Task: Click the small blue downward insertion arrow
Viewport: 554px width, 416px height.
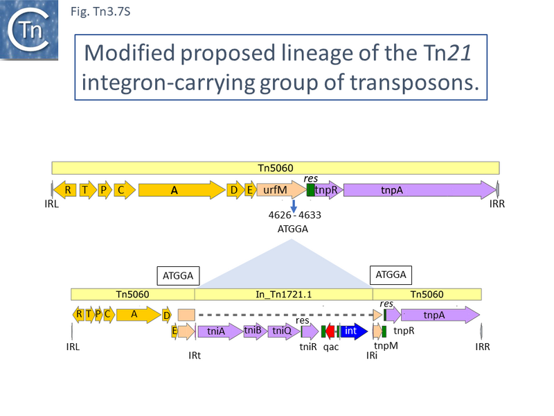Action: click(x=294, y=206)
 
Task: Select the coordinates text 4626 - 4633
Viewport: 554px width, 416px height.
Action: click(x=294, y=215)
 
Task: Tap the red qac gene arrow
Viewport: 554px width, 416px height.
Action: click(x=330, y=331)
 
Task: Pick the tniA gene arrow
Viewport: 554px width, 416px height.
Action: click(x=220, y=331)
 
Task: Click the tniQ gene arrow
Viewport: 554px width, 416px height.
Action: click(x=283, y=331)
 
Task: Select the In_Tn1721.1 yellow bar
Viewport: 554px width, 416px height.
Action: click(x=284, y=295)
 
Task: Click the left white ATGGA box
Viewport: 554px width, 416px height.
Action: click(x=179, y=275)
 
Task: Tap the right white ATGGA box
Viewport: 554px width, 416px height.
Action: click(x=391, y=275)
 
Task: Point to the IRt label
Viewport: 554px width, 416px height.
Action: click(x=195, y=356)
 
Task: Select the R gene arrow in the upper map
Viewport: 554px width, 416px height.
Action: click(x=68, y=190)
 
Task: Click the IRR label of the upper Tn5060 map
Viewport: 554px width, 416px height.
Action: click(x=497, y=205)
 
